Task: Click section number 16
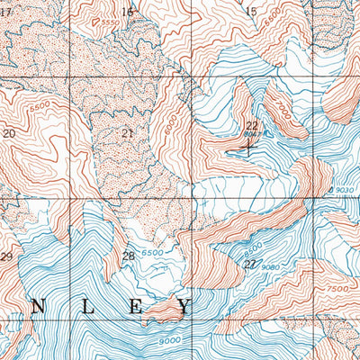click(x=126, y=12)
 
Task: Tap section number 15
click(x=250, y=12)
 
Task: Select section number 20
click(x=10, y=133)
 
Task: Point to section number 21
click(x=127, y=133)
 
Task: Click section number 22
click(x=251, y=125)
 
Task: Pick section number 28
click(x=129, y=256)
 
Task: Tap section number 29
click(x=6, y=257)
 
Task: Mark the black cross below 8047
click(x=249, y=148)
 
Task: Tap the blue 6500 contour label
click(x=152, y=254)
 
